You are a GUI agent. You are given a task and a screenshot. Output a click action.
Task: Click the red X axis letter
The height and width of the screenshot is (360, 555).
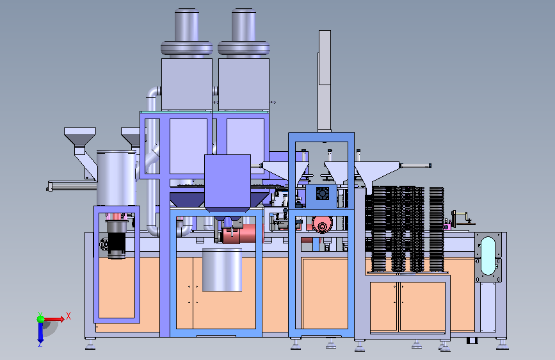point(68,316)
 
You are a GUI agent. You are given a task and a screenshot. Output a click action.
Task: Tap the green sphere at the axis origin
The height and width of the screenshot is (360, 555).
point(40,319)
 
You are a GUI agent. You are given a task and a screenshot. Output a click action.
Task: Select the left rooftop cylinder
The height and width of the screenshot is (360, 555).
point(186,33)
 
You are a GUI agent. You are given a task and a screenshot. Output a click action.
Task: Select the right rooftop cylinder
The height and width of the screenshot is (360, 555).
point(243,33)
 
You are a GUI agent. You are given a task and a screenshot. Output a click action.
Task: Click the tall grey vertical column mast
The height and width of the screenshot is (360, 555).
point(325,81)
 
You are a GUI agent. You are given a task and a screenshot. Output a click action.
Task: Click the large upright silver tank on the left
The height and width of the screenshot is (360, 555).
point(117,178)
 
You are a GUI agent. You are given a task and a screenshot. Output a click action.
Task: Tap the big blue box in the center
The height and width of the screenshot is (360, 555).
point(228,181)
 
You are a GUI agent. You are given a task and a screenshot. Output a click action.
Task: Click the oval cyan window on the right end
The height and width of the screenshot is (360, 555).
point(488,256)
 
